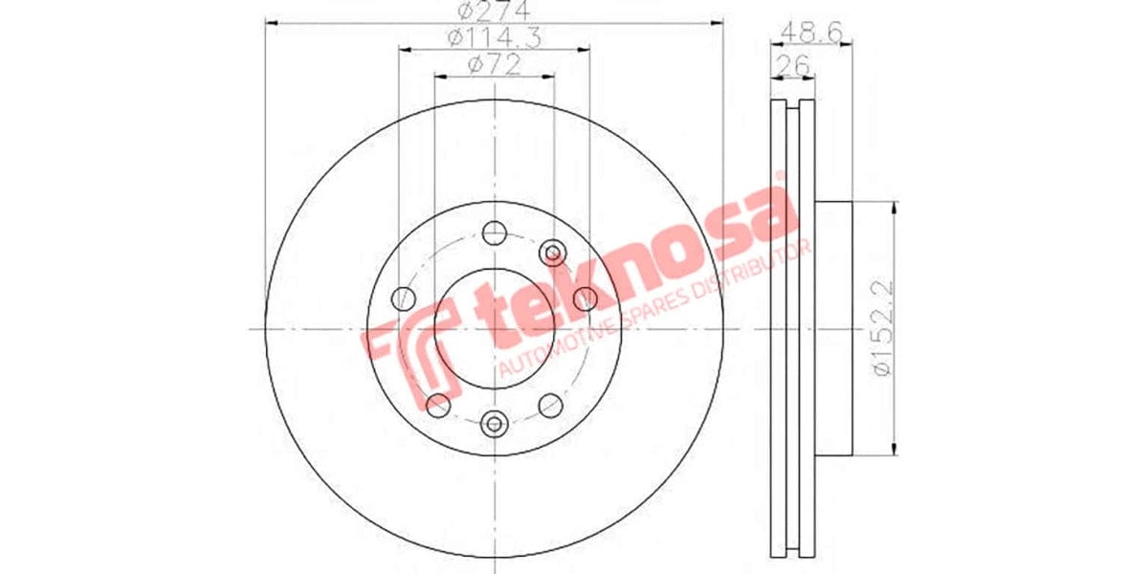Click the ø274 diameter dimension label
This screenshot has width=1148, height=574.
click(495, 12)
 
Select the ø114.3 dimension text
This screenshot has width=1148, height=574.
click(494, 39)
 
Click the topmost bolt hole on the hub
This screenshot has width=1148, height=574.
click(494, 232)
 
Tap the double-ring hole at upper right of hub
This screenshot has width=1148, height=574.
click(553, 253)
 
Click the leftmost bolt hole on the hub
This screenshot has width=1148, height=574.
click(403, 298)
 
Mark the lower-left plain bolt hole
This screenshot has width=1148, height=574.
click(437, 406)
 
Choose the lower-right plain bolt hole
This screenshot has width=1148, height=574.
click(550, 406)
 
